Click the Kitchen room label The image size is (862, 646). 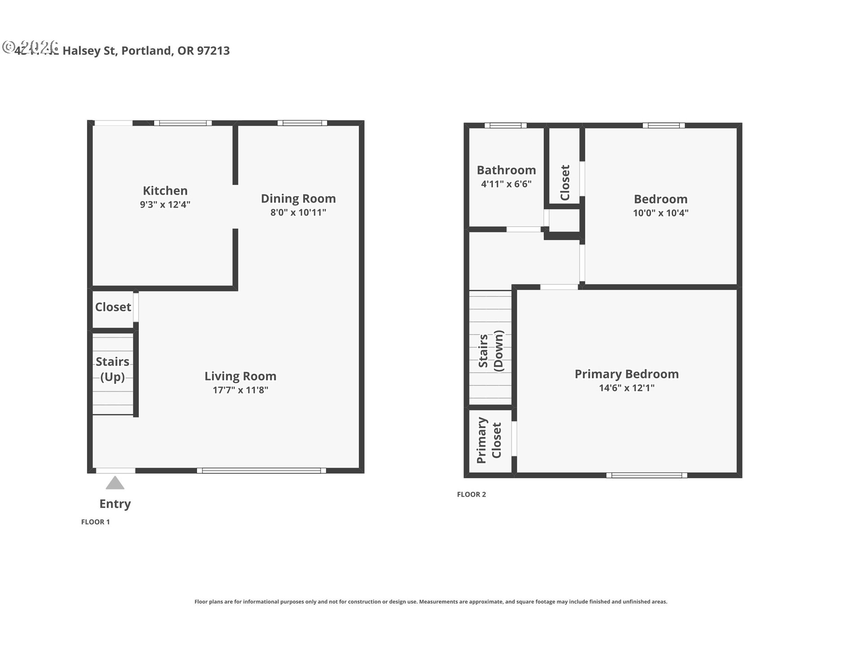click(x=165, y=191)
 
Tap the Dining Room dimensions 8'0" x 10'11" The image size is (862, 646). click(x=298, y=212)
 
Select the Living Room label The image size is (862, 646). click(x=240, y=376)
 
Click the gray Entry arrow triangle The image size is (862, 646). click(x=115, y=484)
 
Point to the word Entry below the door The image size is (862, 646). click(x=115, y=504)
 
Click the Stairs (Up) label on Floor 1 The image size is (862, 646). click(x=112, y=369)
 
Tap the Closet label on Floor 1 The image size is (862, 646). click(x=113, y=307)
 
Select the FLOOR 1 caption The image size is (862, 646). click(x=95, y=522)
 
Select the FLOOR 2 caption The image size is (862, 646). click(x=471, y=494)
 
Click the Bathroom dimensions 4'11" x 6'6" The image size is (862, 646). click(x=506, y=184)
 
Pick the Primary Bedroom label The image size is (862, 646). click(x=626, y=374)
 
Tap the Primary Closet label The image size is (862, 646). click(x=488, y=440)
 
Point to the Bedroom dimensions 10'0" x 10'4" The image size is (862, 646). click(x=660, y=213)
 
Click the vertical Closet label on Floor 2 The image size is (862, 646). click(x=565, y=183)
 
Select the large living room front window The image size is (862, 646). click(x=261, y=471)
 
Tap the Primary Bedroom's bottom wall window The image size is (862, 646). click(x=646, y=475)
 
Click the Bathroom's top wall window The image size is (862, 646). click(x=505, y=126)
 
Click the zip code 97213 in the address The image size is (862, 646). click(x=213, y=51)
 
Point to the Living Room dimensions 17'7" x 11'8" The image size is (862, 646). click(x=240, y=390)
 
